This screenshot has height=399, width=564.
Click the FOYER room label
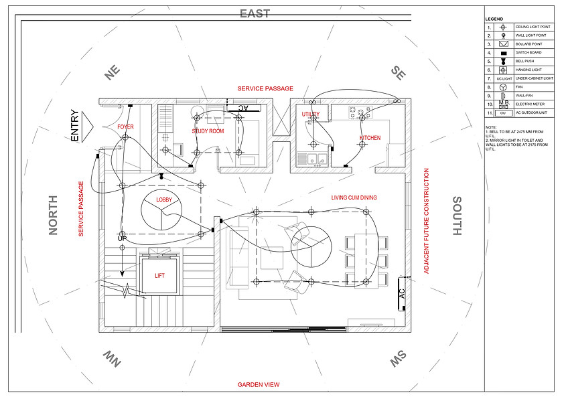125,127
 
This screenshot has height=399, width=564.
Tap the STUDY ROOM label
208,131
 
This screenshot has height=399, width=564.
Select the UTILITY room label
310,114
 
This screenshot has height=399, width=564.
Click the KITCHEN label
370,138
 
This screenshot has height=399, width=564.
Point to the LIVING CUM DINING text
354,197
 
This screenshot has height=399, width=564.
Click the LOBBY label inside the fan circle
164,200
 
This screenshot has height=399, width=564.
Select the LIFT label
159,275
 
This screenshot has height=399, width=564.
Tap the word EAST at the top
255,13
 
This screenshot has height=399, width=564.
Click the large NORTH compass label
54,216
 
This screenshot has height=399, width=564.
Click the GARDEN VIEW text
259,385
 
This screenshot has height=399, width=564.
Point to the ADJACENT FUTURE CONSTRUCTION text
426,221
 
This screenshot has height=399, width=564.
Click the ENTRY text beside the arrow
74,126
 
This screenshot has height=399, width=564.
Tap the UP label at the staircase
122,239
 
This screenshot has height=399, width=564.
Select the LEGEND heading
494,19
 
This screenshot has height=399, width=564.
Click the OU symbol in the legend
504,112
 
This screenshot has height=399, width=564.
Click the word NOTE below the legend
491,127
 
